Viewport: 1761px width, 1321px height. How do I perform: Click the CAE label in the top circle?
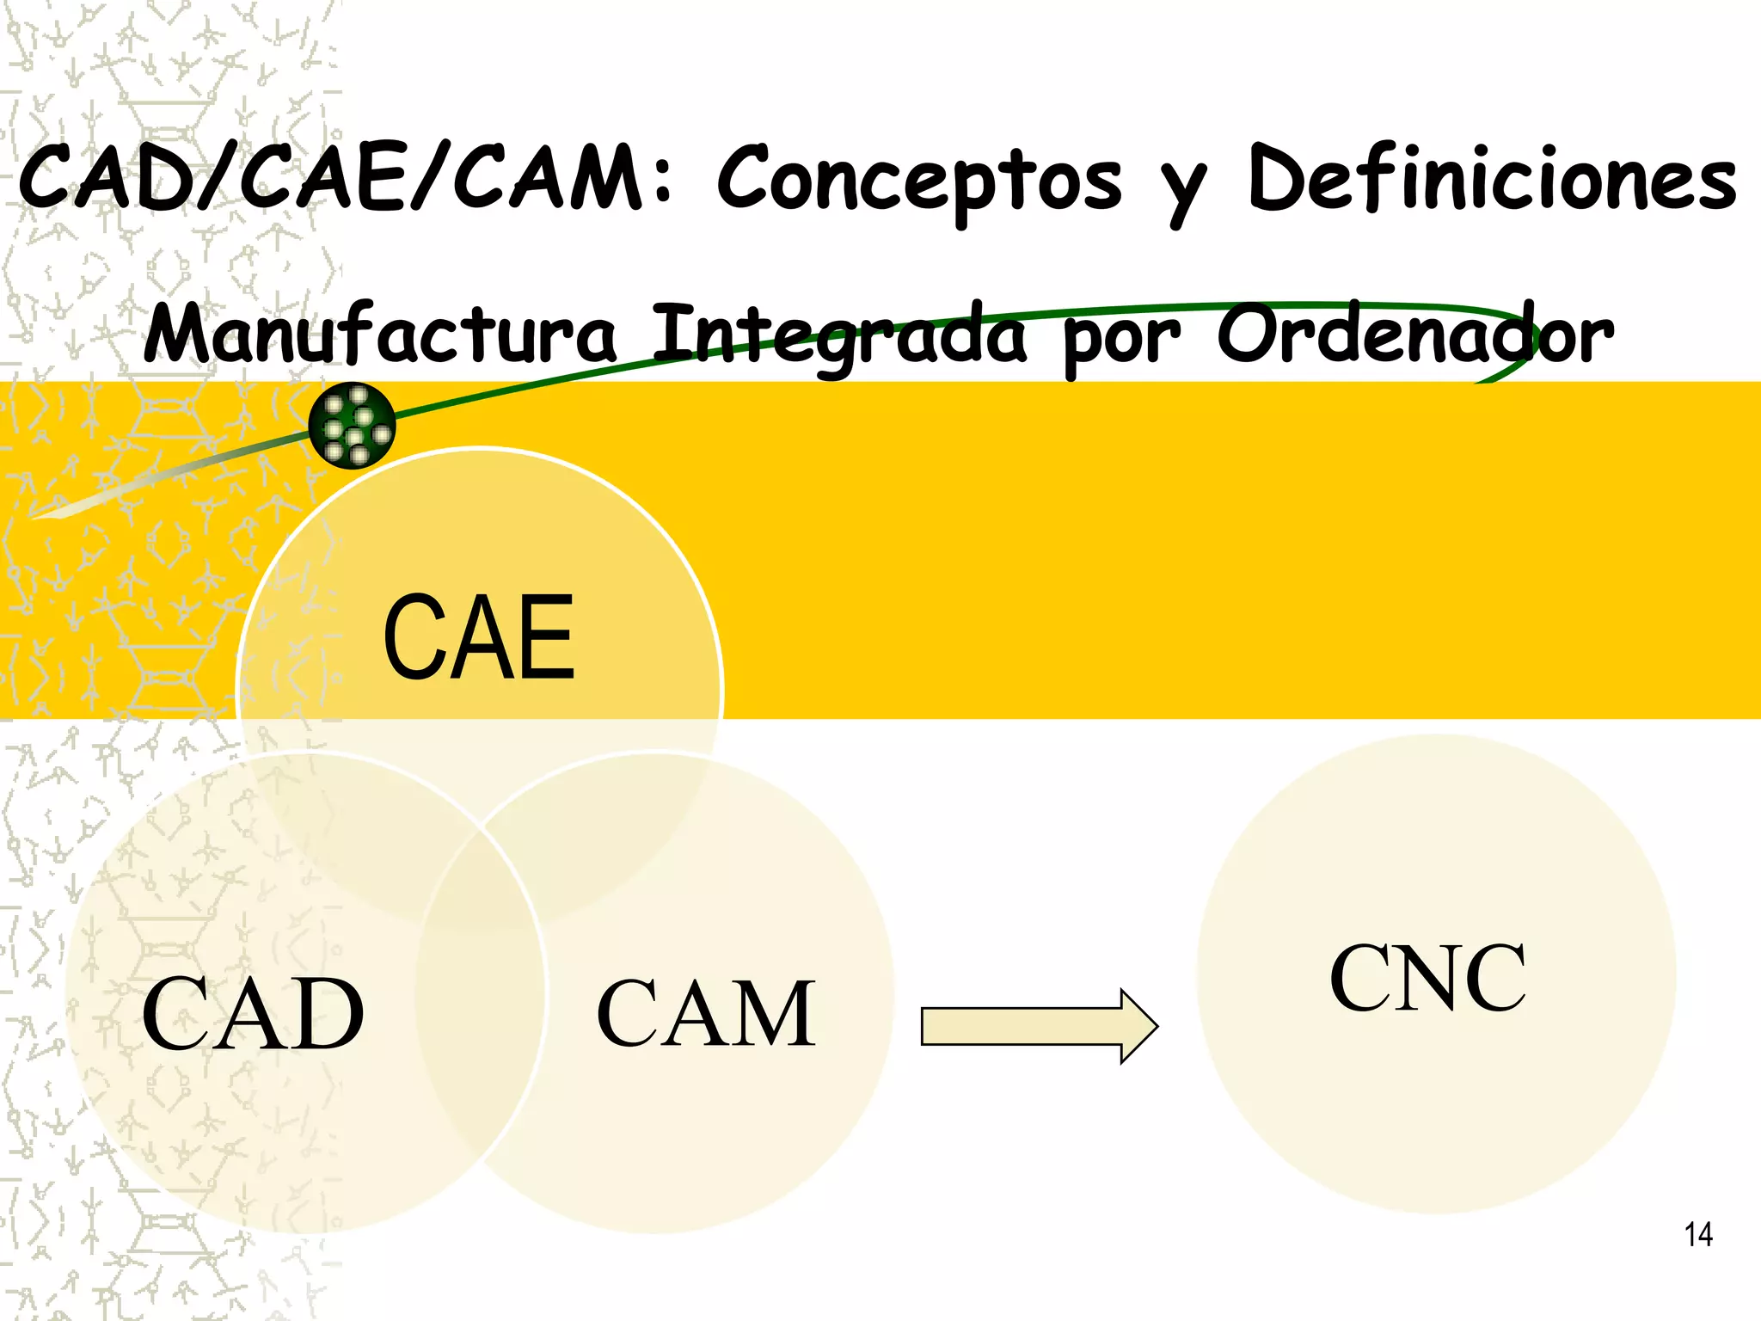(479, 637)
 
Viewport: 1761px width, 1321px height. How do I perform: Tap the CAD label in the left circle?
(253, 1014)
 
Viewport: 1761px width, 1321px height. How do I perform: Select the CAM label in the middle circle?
(706, 1014)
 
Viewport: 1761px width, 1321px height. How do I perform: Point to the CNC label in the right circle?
(1428, 978)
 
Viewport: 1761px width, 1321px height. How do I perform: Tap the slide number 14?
(1698, 1235)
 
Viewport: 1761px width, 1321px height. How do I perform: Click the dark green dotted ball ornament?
(352, 426)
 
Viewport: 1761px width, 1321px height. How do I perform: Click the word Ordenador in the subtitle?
(1414, 334)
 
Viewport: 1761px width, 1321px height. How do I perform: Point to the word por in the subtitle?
(1122, 341)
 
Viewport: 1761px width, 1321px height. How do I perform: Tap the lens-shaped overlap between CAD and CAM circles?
(482, 993)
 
